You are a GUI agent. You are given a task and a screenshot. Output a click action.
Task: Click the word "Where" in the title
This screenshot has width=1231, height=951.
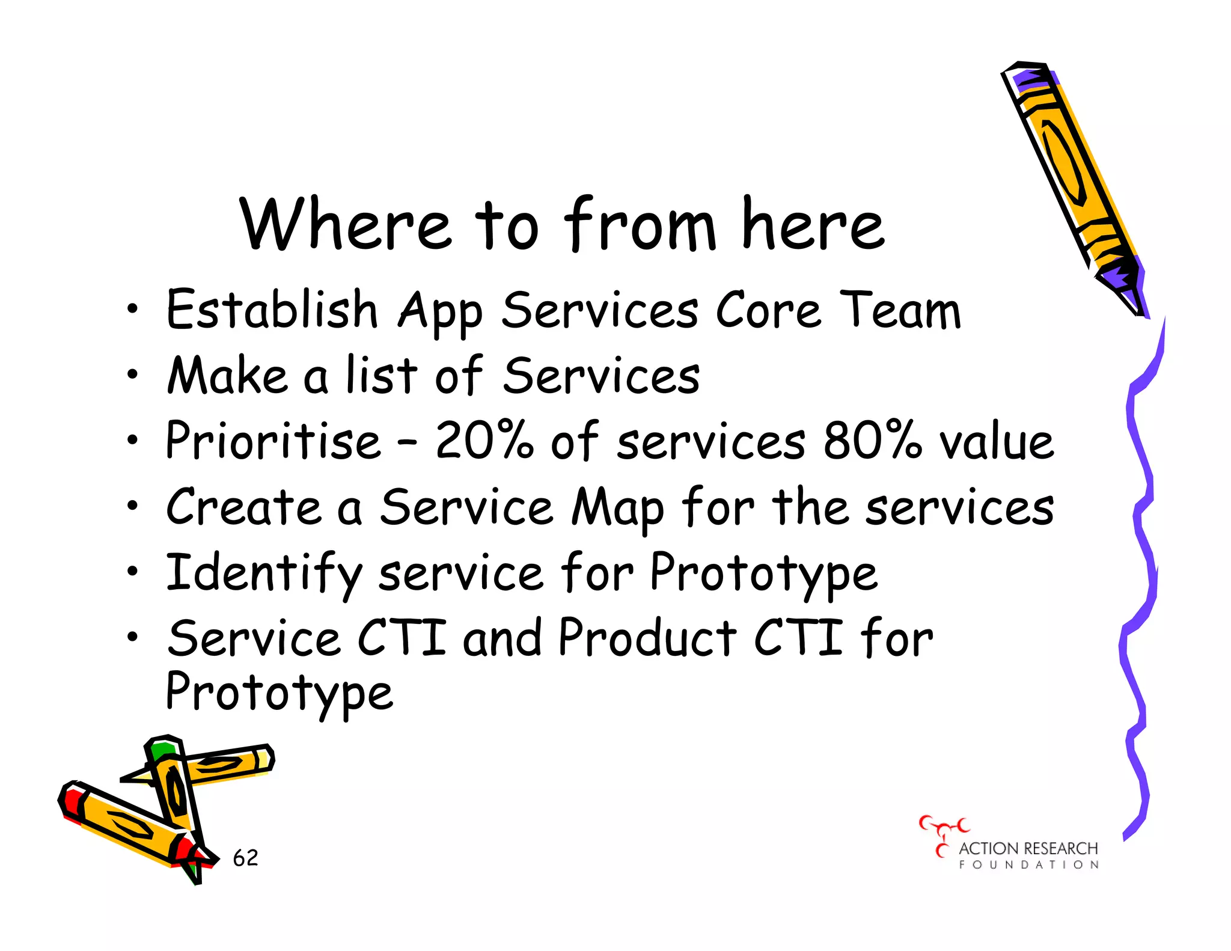tap(344, 224)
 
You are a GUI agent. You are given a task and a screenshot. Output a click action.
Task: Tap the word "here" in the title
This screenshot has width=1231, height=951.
tap(813, 224)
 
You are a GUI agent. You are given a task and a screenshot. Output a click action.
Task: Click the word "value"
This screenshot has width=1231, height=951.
tap(996, 442)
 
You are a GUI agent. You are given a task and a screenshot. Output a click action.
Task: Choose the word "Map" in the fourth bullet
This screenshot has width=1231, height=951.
tap(617, 509)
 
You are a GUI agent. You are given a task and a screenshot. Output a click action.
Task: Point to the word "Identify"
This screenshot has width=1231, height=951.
tap(264, 573)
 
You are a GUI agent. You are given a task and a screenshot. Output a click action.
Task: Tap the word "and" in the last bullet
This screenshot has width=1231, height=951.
tap(502, 638)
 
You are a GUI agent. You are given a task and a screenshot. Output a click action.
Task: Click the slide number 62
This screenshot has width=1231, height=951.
tap(245, 858)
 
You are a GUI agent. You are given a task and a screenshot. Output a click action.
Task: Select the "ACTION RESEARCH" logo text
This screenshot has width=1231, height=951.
tap(1028, 848)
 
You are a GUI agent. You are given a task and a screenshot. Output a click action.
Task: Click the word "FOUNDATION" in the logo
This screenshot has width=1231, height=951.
tap(1028, 865)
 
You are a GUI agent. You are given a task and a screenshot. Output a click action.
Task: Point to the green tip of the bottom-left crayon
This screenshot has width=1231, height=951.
tap(162, 750)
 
